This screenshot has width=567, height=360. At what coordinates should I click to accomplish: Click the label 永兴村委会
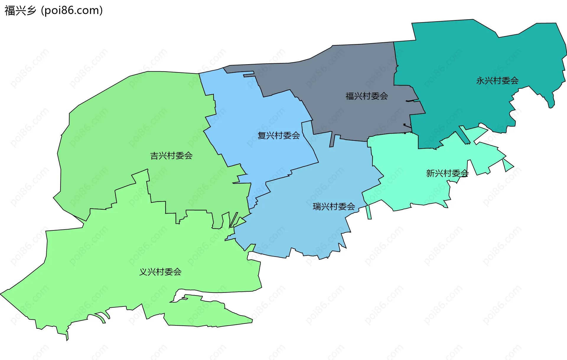tap(497, 80)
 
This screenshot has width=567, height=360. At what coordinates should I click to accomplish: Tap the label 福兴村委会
tap(367, 96)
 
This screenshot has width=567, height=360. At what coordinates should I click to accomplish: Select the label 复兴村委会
tap(278, 135)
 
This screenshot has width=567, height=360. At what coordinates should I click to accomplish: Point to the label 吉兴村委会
tap(171, 156)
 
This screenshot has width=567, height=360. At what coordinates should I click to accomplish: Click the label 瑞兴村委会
tap(334, 206)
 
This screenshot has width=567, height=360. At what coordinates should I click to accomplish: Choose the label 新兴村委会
tap(447, 173)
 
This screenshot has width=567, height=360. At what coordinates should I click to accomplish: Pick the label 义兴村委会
tap(160, 272)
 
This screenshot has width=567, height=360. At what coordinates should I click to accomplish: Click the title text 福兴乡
tap(20, 11)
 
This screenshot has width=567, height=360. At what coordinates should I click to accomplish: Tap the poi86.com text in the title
tap(72, 11)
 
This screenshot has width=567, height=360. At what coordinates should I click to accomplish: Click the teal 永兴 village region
tap(472, 59)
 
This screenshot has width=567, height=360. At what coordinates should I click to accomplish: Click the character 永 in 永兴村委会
tap(480, 80)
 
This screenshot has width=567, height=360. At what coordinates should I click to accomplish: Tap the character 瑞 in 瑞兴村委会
tap(317, 206)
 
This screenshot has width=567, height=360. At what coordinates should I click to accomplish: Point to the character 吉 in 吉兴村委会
tap(154, 156)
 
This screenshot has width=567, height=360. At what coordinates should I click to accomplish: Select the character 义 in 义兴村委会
tap(144, 272)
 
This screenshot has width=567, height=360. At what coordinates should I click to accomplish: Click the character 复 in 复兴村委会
tap(262, 135)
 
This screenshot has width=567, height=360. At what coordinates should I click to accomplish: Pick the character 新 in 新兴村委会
tap(430, 173)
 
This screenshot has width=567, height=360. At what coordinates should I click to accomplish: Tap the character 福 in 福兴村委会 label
tap(350, 96)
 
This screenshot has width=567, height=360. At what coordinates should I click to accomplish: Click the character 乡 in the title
tap(31, 11)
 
